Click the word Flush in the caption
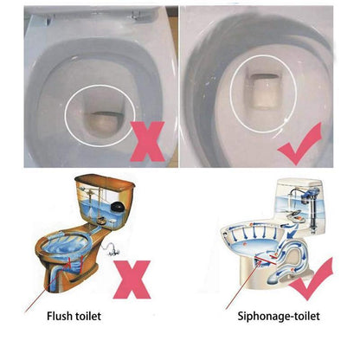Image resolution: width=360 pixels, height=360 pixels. pos(63,317)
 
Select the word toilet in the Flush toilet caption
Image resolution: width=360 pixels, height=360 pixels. pos(92,317)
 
